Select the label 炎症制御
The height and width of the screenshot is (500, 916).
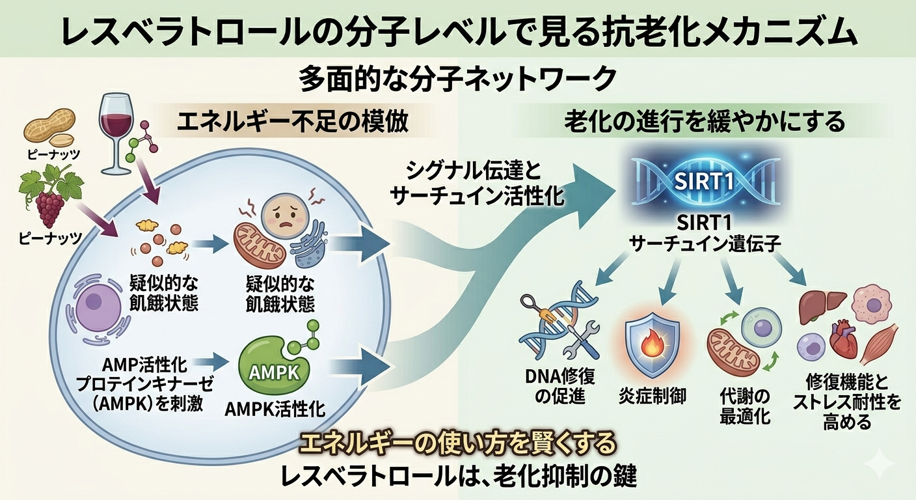tap(652, 396)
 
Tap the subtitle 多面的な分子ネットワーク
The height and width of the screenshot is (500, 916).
tap(457, 80)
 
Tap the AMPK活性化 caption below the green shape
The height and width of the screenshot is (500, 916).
tap(275, 411)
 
